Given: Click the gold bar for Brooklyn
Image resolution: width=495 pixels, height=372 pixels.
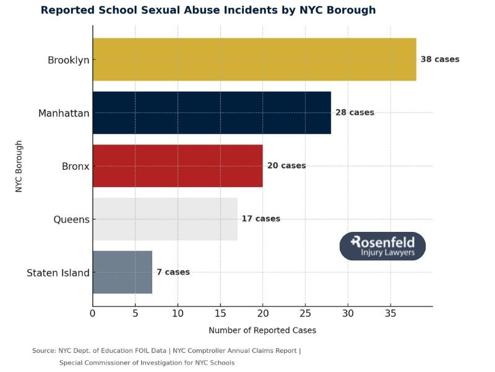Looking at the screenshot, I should (254, 60).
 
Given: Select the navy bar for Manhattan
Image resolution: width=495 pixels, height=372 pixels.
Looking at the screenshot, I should (212, 113).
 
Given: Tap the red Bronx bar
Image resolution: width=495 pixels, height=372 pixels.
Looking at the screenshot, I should (178, 166).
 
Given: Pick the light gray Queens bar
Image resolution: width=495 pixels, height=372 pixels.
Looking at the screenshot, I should (165, 219).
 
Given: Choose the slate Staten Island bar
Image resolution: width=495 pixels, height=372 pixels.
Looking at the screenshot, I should (122, 272).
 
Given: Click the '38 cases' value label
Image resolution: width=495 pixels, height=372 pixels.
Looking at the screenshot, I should (439, 60).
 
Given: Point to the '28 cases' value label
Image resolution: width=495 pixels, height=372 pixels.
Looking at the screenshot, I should (355, 113).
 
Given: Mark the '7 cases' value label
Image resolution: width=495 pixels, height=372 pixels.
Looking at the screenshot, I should (173, 272).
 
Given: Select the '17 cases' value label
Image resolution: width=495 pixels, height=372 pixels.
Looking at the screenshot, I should (260, 219).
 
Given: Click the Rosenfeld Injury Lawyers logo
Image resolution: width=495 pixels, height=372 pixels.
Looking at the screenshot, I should (382, 246).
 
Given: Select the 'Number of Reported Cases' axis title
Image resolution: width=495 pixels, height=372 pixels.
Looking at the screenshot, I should (262, 330).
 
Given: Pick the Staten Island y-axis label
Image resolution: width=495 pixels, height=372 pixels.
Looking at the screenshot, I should (58, 273).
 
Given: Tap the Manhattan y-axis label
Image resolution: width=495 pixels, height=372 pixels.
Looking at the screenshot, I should (64, 113).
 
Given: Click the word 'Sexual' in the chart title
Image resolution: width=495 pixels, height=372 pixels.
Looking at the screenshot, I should (171, 11).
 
